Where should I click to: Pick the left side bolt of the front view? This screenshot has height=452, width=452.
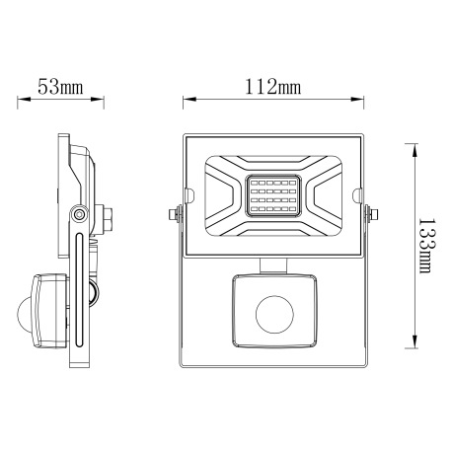coord(175,211)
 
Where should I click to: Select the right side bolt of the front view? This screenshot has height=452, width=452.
coord(374,211)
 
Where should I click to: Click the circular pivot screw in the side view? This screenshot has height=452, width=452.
coord(78,213)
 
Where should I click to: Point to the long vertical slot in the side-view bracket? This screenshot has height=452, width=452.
coord(78,286)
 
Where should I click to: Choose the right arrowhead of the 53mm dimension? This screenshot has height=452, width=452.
coord(102,100)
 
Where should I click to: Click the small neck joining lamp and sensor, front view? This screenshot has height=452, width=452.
coord(274,263)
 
